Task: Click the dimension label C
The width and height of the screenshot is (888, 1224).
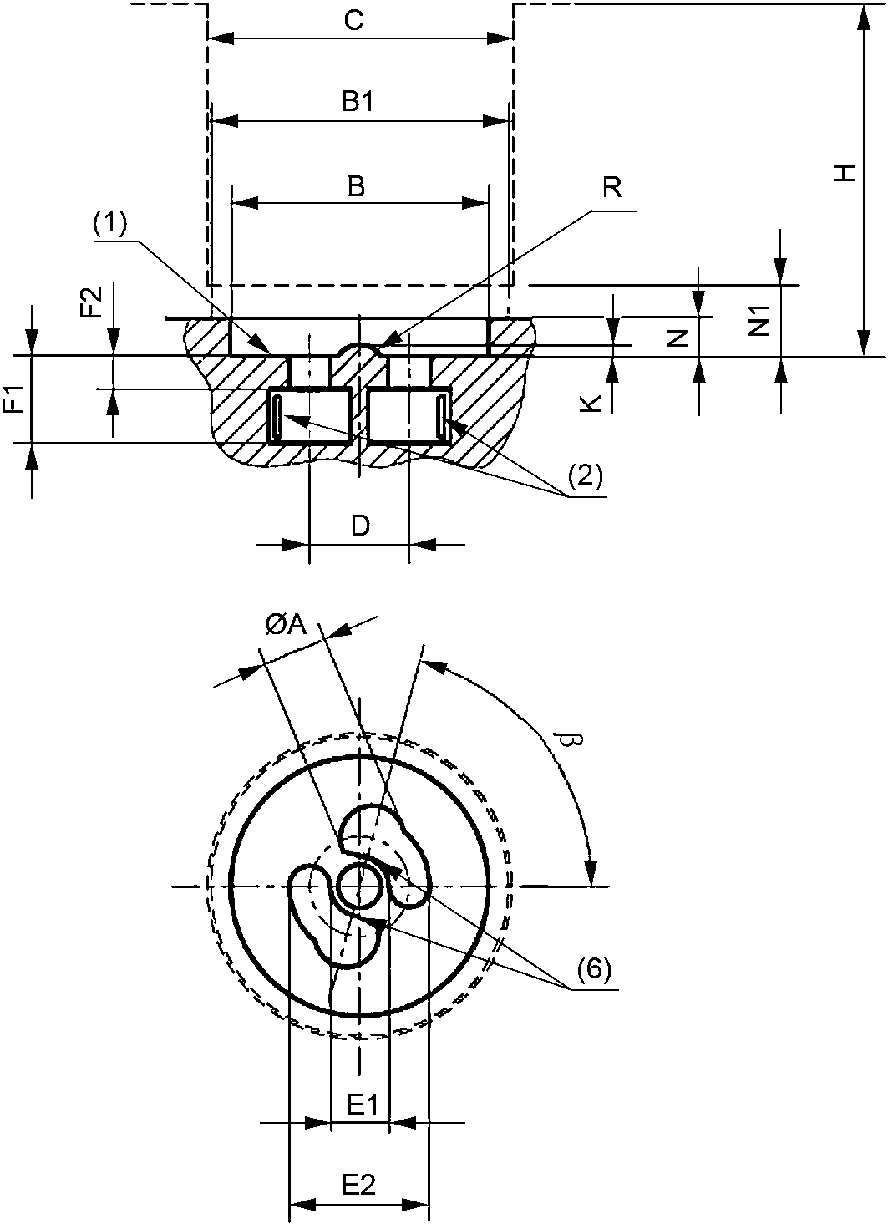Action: coord(354,21)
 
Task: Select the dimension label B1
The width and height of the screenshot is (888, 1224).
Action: coord(357,102)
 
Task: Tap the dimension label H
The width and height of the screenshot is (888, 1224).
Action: coord(845,173)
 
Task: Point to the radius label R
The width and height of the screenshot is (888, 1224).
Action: coord(612,187)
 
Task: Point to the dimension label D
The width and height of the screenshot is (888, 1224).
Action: coord(359,526)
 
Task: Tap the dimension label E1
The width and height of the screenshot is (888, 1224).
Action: coord(363,1105)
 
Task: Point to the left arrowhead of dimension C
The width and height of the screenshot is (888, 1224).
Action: coord(216,38)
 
